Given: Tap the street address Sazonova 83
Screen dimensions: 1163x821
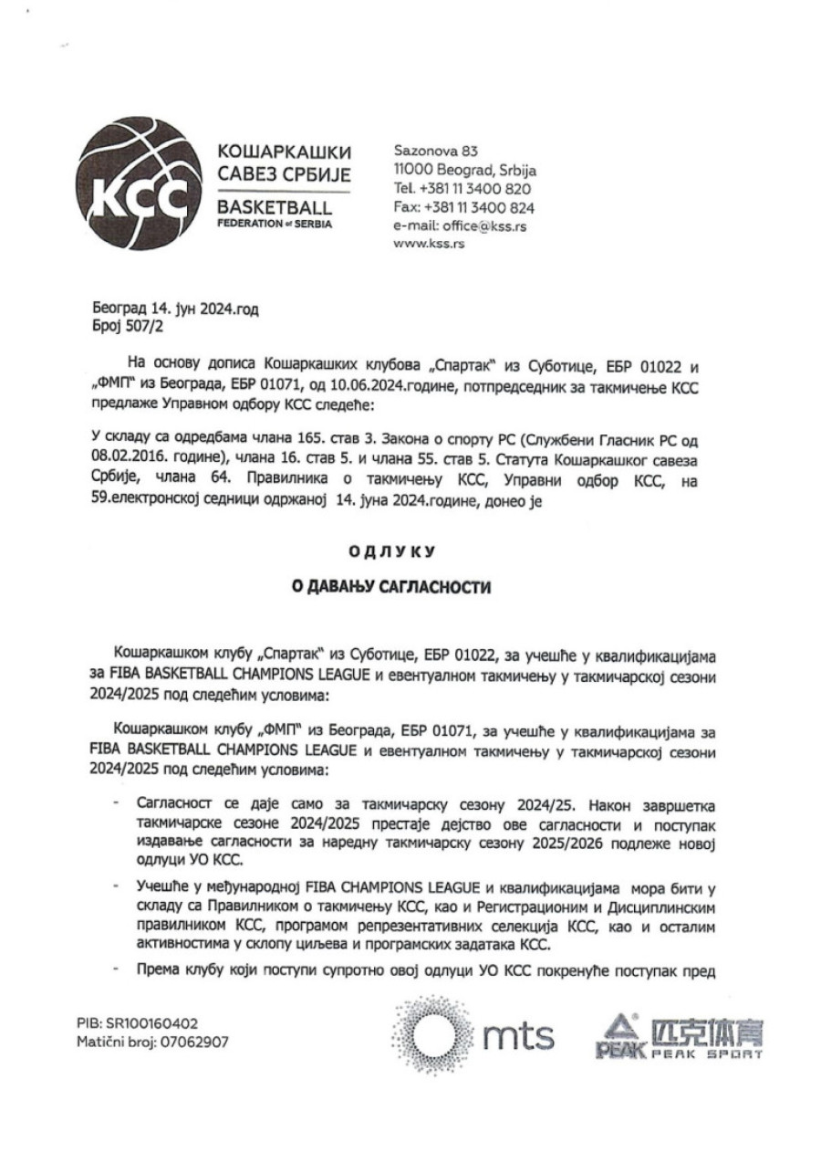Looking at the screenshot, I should tap(435, 151).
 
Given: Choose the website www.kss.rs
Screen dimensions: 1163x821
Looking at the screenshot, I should tap(429, 245).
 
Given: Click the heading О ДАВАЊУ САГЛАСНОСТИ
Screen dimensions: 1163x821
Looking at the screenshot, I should tap(390, 588).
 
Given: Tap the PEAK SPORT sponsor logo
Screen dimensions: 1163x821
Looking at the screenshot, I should tap(680, 1036).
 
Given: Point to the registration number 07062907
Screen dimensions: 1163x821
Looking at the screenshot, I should tap(190, 1041).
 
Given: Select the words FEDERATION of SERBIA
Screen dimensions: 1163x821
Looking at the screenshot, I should tap(274, 223).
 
